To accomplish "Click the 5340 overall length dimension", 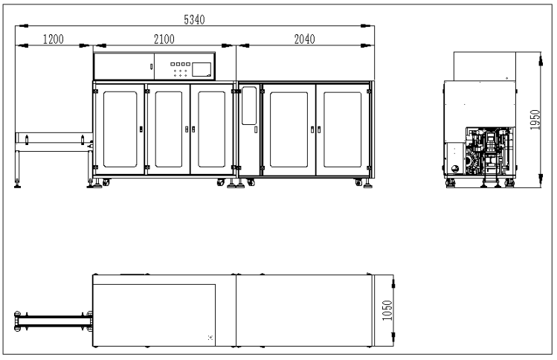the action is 194,19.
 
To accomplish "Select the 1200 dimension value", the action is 54,39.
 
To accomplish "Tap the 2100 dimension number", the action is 164,39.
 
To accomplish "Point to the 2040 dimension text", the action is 304,39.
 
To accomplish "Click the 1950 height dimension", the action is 535,120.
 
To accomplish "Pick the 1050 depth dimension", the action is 387,310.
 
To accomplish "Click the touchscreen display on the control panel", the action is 202,69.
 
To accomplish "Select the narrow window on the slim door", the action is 248,106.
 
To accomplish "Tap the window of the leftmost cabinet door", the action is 120,129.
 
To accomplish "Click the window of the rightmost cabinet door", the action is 342,129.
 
